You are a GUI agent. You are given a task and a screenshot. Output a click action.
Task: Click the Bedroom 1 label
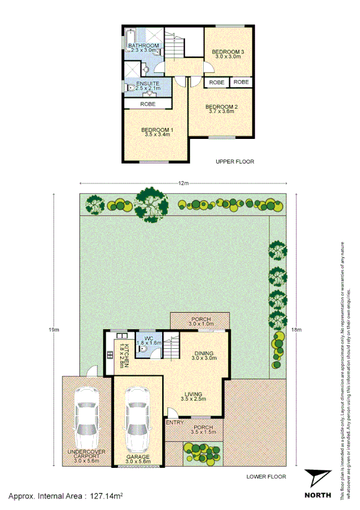(157, 130)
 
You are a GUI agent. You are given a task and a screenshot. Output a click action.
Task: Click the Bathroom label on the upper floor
(143, 46)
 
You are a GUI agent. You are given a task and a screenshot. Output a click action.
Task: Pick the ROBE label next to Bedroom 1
(148, 104)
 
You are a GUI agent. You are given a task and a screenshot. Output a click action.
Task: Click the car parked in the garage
(138, 419)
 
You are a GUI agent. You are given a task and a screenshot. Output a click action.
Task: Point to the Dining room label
(204, 353)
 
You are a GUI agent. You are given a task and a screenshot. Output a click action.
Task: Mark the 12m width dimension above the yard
(183, 183)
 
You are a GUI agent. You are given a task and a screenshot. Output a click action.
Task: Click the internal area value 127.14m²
(106, 497)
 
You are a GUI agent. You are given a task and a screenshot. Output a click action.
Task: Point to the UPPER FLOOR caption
(236, 162)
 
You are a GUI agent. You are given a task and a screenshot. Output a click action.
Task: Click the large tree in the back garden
(151, 204)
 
